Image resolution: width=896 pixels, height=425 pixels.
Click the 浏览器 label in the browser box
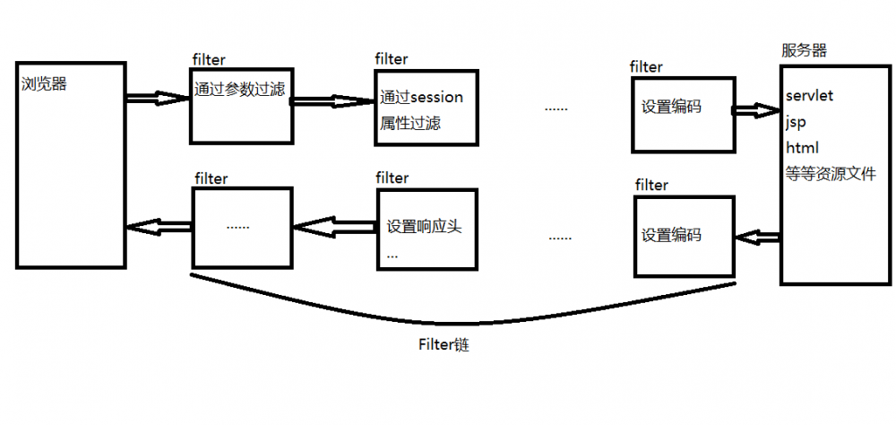pos(43,85)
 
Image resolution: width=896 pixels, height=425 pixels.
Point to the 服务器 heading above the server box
pos(804,50)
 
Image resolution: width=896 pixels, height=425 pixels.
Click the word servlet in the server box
pos(810,95)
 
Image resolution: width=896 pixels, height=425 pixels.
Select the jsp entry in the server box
pos(796,121)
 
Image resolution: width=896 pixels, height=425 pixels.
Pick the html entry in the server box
pos(802,147)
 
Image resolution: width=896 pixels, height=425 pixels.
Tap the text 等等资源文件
pos(830,175)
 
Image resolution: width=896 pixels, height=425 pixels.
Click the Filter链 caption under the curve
pos(444,344)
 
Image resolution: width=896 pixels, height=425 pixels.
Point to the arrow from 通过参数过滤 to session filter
pos(333,100)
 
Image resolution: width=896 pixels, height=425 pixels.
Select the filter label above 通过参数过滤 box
pos(210,59)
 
